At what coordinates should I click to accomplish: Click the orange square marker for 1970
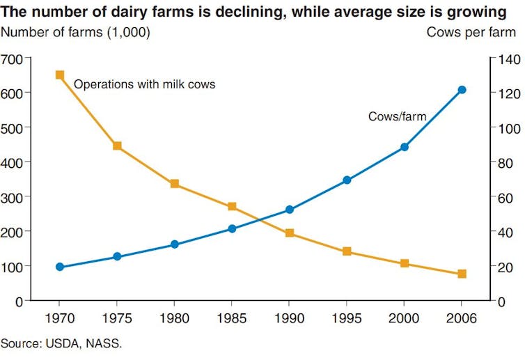tap(60, 75)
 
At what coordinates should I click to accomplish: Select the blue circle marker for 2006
tap(462, 90)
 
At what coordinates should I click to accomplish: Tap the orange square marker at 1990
tap(290, 233)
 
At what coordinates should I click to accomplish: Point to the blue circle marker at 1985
tap(232, 228)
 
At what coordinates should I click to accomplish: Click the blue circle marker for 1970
tap(60, 267)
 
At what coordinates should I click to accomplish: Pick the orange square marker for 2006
tap(462, 274)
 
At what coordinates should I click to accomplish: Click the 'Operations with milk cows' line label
tap(144, 85)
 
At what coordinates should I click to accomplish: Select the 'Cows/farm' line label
tap(397, 117)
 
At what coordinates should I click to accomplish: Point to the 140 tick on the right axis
tap(506, 59)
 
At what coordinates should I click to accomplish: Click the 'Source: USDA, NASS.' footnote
tap(61, 343)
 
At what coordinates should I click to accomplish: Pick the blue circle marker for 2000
tap(405, 147)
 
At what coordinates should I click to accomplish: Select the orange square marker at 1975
tap(117, 146)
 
